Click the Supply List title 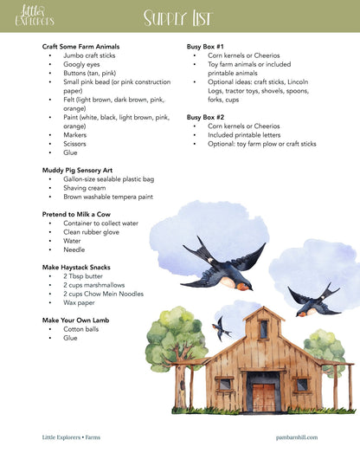179,16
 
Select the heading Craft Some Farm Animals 80,46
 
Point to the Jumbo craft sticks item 88,55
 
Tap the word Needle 74,249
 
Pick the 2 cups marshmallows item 93,285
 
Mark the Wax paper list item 79,303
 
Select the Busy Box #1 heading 205,46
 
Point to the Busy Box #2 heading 205,116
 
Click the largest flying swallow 223,264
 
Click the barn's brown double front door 264,398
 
